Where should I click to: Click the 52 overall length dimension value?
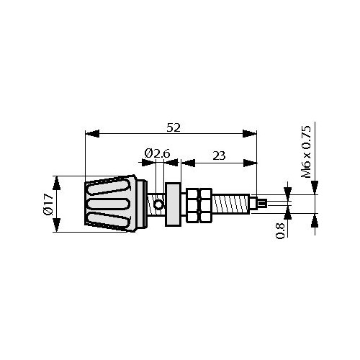click(174, 127)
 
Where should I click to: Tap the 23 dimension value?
click(219, 156)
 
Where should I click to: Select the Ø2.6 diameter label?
click(157, 153)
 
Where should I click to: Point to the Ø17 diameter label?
click(48, 204)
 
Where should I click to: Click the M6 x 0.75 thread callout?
click(306, 152)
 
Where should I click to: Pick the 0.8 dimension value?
click(280, 230)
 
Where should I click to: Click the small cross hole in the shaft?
click(158, 204)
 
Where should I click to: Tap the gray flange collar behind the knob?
click(173, 204)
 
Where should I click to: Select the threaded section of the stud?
click(232, 204)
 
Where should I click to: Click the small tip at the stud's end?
click(262, 204)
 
